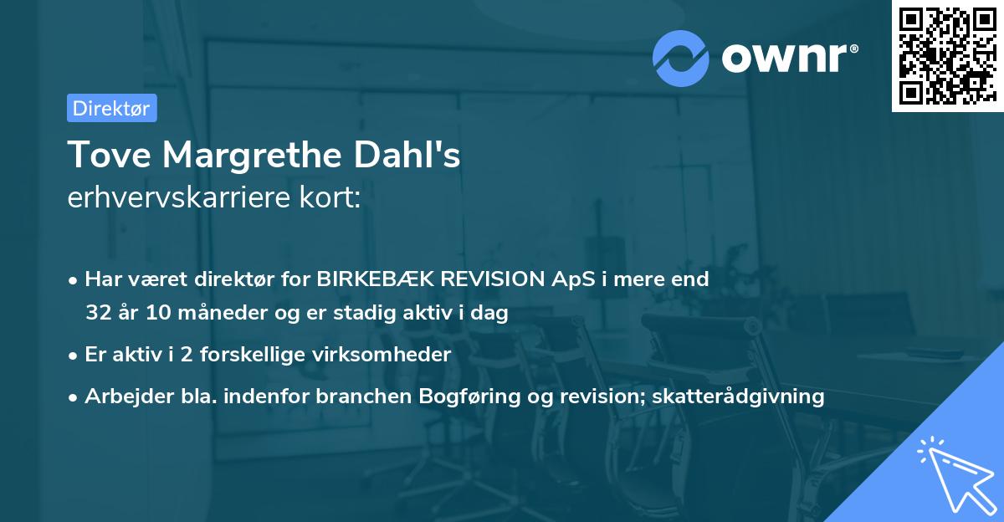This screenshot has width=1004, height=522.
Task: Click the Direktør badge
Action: click(x=111, y=108)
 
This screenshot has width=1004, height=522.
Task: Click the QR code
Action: click(x=947, y=55)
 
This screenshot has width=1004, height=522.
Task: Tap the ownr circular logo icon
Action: click(x=680, y=58)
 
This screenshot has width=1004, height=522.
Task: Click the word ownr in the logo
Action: click(x=789, y=58)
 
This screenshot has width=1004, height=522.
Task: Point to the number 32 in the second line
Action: click(x=97, y=314)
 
